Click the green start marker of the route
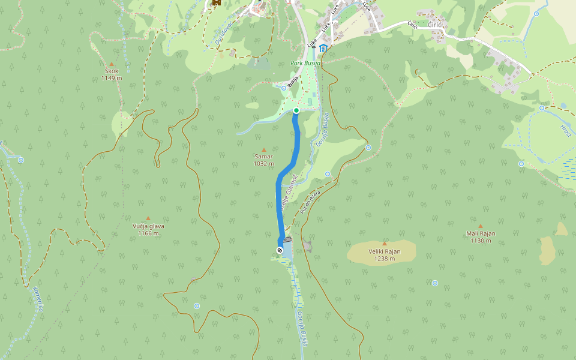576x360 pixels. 296,110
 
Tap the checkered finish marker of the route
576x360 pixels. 280,250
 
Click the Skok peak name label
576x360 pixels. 111,71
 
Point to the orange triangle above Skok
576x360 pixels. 111,63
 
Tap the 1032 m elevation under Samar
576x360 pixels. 263,163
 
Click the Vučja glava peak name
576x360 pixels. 148,226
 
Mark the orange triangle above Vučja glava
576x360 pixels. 148,218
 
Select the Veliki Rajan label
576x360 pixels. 384,251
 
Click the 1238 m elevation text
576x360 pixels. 384,259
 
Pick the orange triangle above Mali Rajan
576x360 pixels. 481,226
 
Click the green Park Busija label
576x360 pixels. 306,63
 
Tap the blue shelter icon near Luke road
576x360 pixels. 323,48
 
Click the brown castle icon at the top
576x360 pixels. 215,2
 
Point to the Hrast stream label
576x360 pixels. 566,131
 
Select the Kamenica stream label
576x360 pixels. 38,299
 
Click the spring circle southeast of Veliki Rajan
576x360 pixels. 435,283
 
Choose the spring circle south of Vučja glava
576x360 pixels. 197,306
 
